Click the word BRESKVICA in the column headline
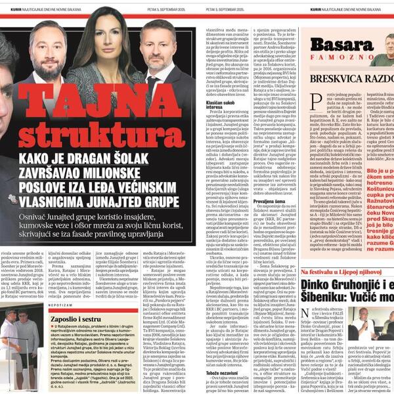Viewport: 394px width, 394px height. click(x=339, y=77)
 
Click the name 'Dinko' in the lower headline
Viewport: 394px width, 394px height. click(x=317, y=286)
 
